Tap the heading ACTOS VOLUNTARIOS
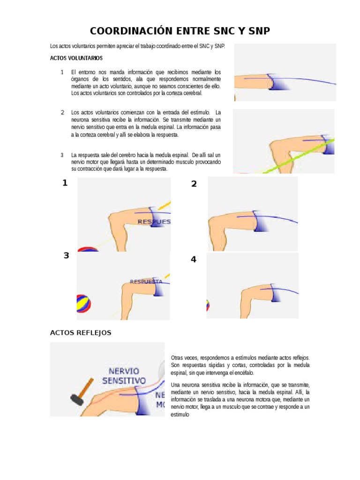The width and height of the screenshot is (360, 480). click(x=76, y=58)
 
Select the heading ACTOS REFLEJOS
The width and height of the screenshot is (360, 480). click(x=81, y=332)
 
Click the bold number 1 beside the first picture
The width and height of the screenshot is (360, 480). click(x=65, y=183)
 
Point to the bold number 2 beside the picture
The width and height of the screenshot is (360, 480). click(x=194, y=184)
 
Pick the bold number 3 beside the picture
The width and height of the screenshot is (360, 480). click(x=66, y=255)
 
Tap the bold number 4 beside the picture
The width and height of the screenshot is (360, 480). click(x=194, y=259)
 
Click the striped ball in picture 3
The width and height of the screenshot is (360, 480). click(x=83, y=304)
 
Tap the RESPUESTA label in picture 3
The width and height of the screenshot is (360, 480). click(x=146, y=282)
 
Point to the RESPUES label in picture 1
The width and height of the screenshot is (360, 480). click(x=154, y=221)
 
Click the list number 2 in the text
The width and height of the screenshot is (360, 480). click(x=62, y=112)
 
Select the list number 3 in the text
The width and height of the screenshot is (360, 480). click(x=62, y=155)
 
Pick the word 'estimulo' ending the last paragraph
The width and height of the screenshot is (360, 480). click(x=180, y=414)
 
